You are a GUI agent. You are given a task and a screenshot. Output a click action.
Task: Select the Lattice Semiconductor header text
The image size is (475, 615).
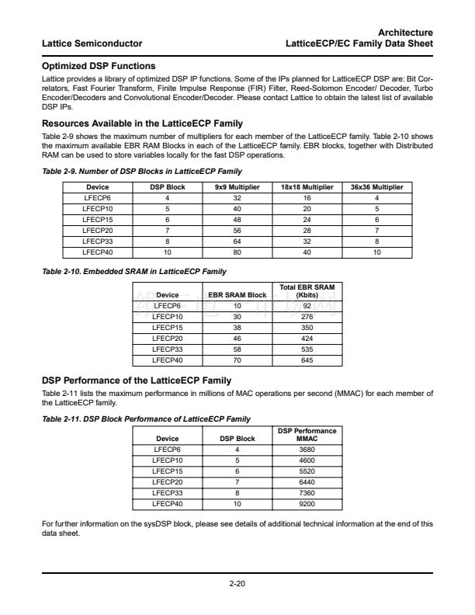point(90,43)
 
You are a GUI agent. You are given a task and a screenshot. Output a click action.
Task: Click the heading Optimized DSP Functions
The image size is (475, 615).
point(99,66)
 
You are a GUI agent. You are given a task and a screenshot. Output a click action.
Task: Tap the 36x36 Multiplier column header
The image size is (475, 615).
point(378,187)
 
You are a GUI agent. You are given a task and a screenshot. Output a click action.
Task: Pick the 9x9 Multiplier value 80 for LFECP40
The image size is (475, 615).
point(237,252)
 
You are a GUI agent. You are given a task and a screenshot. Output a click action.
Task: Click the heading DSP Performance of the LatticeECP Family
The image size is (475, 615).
point(136,380)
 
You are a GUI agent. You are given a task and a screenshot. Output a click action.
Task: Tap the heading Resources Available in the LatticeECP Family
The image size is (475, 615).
point(142,123)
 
